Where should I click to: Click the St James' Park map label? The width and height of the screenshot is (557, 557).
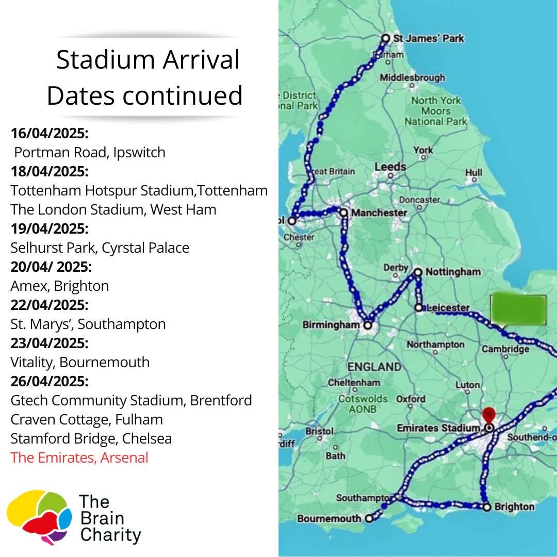(x=428, y=38)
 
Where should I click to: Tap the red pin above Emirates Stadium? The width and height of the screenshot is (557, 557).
(x=488, y=414)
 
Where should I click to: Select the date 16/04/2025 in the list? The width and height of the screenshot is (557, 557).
(x=50, y=134)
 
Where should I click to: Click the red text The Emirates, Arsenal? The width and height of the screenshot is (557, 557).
(x=79, y=457)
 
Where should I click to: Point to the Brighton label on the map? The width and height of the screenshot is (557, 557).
(x=514, y=507)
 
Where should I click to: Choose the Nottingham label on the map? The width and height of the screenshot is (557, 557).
(x=452, y=272)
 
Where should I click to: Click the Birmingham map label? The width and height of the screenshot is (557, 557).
(x=331, y=325)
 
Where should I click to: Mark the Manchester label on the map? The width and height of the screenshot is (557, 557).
(x=379, y=212)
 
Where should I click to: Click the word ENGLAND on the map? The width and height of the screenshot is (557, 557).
(x=374, y=367)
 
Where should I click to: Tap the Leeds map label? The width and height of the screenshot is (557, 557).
(x=390, y=167)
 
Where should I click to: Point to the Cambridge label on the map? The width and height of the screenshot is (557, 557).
(x=505, y=349)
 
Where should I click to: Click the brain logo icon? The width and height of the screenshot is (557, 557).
(x=39, y=516)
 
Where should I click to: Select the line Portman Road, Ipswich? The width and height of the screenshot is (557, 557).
(x=90, y=153)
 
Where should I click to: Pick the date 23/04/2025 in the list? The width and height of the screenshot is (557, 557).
(x=50, y=343)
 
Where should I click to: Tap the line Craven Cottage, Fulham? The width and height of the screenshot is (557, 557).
(x=87, y=419)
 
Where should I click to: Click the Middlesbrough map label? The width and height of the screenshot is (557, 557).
(x=412, y=78)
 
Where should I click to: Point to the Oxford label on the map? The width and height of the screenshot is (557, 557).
(x=411, y=399)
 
